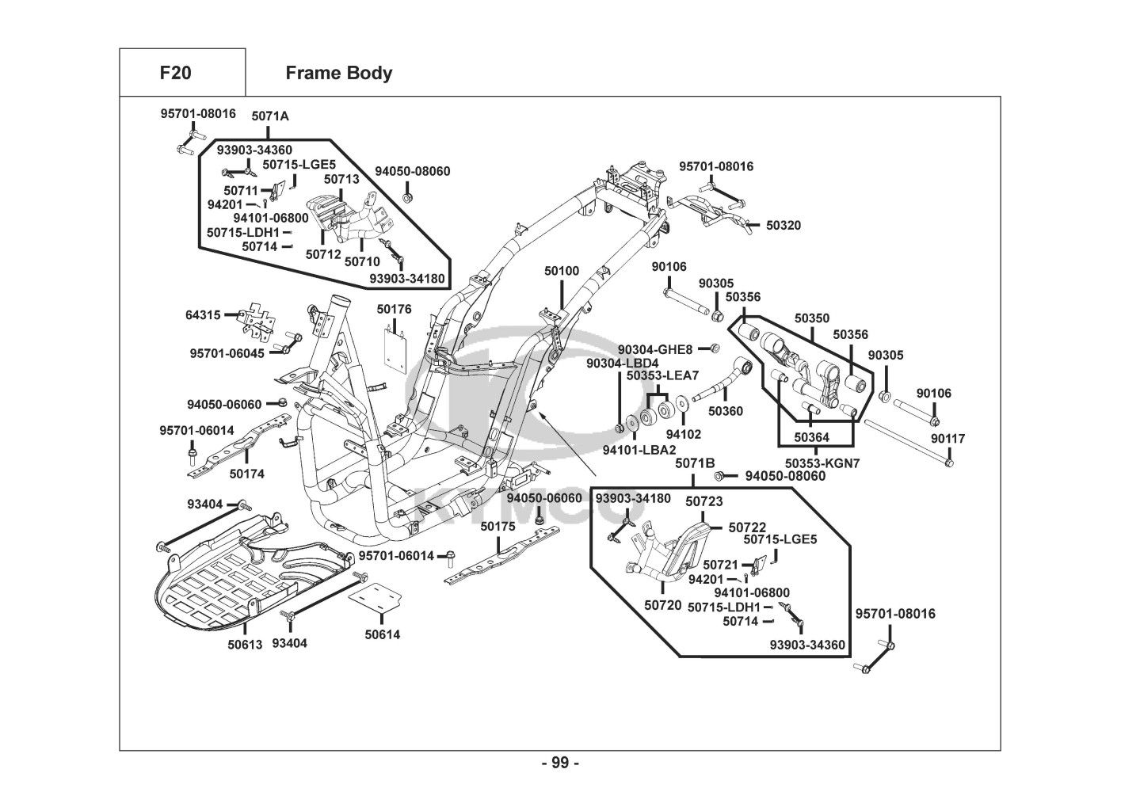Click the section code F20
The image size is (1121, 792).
pyautogui.click(x=175, y=73)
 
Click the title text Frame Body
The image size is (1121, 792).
pyautogui.click(x=338, y=73)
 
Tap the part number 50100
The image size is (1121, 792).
pyautogui.click(x=561, y=271)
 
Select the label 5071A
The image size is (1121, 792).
pyautogui.click(x=270, y=116)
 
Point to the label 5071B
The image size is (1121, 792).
pyautogui.click(x=695, y=463)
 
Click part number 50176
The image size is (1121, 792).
pyautogui.click(x=394, y=309)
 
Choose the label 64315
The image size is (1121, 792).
pyautogui.click(x=203, y=315)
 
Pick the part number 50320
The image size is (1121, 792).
pyautogui.click(x=783, y=226)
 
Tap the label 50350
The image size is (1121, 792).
pyautogui.click(x=812, y=318)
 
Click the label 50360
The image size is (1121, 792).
pyautogui.click(x=725, y=411)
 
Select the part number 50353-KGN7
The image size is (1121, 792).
pyautogui.click(x=822, y=463)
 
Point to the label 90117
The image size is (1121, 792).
pyautogui.click(x=948, y=438)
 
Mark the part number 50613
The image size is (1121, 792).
pyautogui.click(x=245, y=645)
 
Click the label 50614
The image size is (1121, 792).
pyautogui.click(x=383, y=634)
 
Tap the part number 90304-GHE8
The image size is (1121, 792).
pyautogui.click(x=655, y=349)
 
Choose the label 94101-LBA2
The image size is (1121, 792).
pyautogui.click(x=634, y=450)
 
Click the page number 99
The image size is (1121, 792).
pyautogui.click(x=560, y=763)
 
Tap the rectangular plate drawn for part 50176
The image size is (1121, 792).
pyautogui.click(x=396, y=348)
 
